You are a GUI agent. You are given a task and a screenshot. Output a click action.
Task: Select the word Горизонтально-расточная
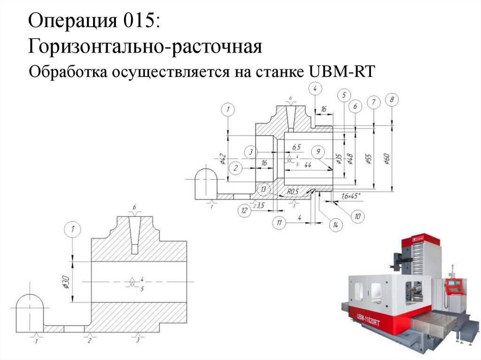144,46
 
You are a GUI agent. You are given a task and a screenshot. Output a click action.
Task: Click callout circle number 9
318,152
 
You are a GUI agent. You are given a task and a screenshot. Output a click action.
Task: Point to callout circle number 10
357,216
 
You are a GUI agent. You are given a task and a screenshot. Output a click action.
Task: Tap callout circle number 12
244,210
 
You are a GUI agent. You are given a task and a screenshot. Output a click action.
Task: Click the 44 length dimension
308,165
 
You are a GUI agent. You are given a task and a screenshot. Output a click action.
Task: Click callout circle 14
335,225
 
